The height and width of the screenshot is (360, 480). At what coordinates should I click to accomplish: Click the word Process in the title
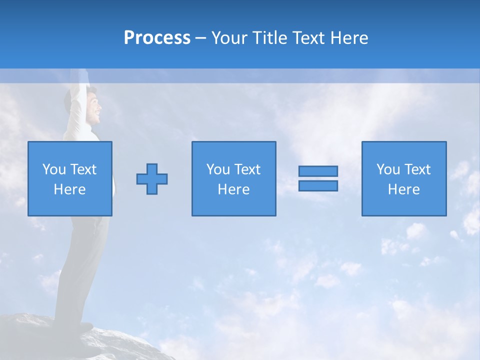tap(157, 38)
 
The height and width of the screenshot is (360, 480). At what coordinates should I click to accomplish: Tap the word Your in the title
tap(229, 38)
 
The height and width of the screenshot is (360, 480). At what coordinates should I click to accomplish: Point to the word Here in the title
tap(348, 38)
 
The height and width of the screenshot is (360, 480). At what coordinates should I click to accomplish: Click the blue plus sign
tap(152, 179)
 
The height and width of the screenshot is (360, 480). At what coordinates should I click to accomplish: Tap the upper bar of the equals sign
tap(318, 171)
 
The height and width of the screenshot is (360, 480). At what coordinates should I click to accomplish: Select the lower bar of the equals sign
tap(318, 186)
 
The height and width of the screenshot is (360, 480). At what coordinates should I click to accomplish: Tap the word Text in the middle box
tap(248, 169)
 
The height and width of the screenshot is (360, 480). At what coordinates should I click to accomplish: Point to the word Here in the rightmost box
tap(404, 189)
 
